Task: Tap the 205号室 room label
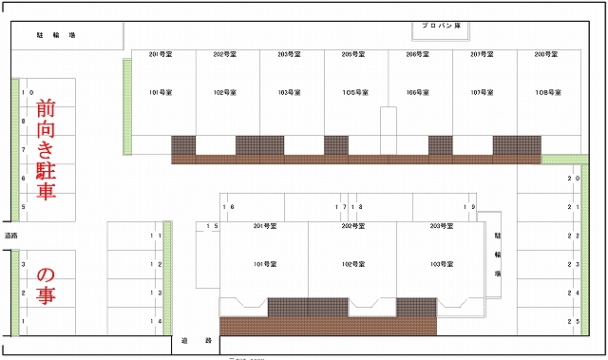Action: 354,55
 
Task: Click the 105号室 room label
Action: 354,92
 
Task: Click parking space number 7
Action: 24,150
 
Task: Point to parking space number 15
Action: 213,226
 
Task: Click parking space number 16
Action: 228,206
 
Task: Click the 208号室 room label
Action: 544,55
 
